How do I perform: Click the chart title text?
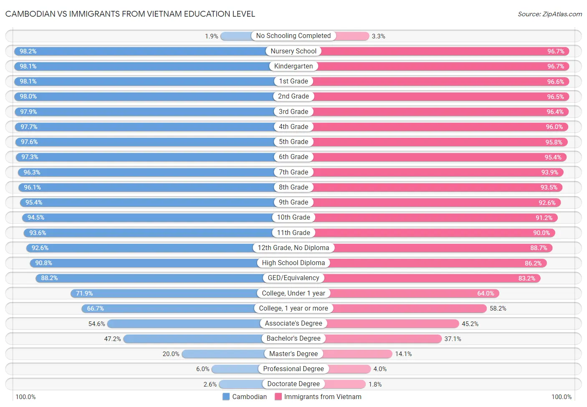pyautogui.click(x=130, y=14)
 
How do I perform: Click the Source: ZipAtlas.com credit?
pyautogui.click(x=549, y=14)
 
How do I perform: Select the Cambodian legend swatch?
pyautogui.click(x=226, y=397)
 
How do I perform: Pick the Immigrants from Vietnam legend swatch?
pyautogui.click(x=278, y=397)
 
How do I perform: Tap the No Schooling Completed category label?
pyautogui.click(x=293, y=36)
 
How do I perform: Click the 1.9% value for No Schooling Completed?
pyautogui.click(x=211, y=36)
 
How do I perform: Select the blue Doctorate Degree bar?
pyautogui.click(x=240, y=384)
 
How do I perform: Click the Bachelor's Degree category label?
pyautogui.click(x=293, y=339)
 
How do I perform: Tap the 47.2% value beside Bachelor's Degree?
pyautogui.click(x=112, y=339)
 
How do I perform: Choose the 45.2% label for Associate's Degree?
pyautogui.click(x=470, y=324)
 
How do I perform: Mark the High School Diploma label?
pyautogui.click(x=293, y=263)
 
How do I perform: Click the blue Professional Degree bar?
pyautogui.click(x=235, y=369)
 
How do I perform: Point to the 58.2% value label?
pyautogui.click(x=498, y=308)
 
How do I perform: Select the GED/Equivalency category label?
pyautogui.click(x=293, y=278)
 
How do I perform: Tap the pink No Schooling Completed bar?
pyautogui.click(x=352, y=36)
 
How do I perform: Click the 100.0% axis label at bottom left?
pyautogui.click(x=25, y=397)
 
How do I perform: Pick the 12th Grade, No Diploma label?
pyautogui.click(x=293, y=248)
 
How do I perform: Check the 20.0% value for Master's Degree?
pyautogui.click(x=171, y=354)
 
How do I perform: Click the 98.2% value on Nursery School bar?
pyautogui.click(x=28, y=51)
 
